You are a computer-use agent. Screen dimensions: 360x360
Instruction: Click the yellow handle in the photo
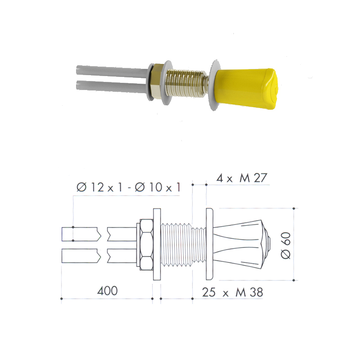246,88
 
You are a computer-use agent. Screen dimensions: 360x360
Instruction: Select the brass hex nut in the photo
158,81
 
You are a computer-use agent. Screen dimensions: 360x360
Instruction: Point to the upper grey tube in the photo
112,72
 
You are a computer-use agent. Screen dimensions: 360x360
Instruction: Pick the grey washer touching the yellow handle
215,85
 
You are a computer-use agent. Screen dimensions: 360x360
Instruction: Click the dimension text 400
108,291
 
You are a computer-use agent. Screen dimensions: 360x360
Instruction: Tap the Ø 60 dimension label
286,245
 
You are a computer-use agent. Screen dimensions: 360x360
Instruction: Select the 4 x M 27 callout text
242,178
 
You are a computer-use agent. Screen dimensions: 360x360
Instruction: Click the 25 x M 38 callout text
232,292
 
